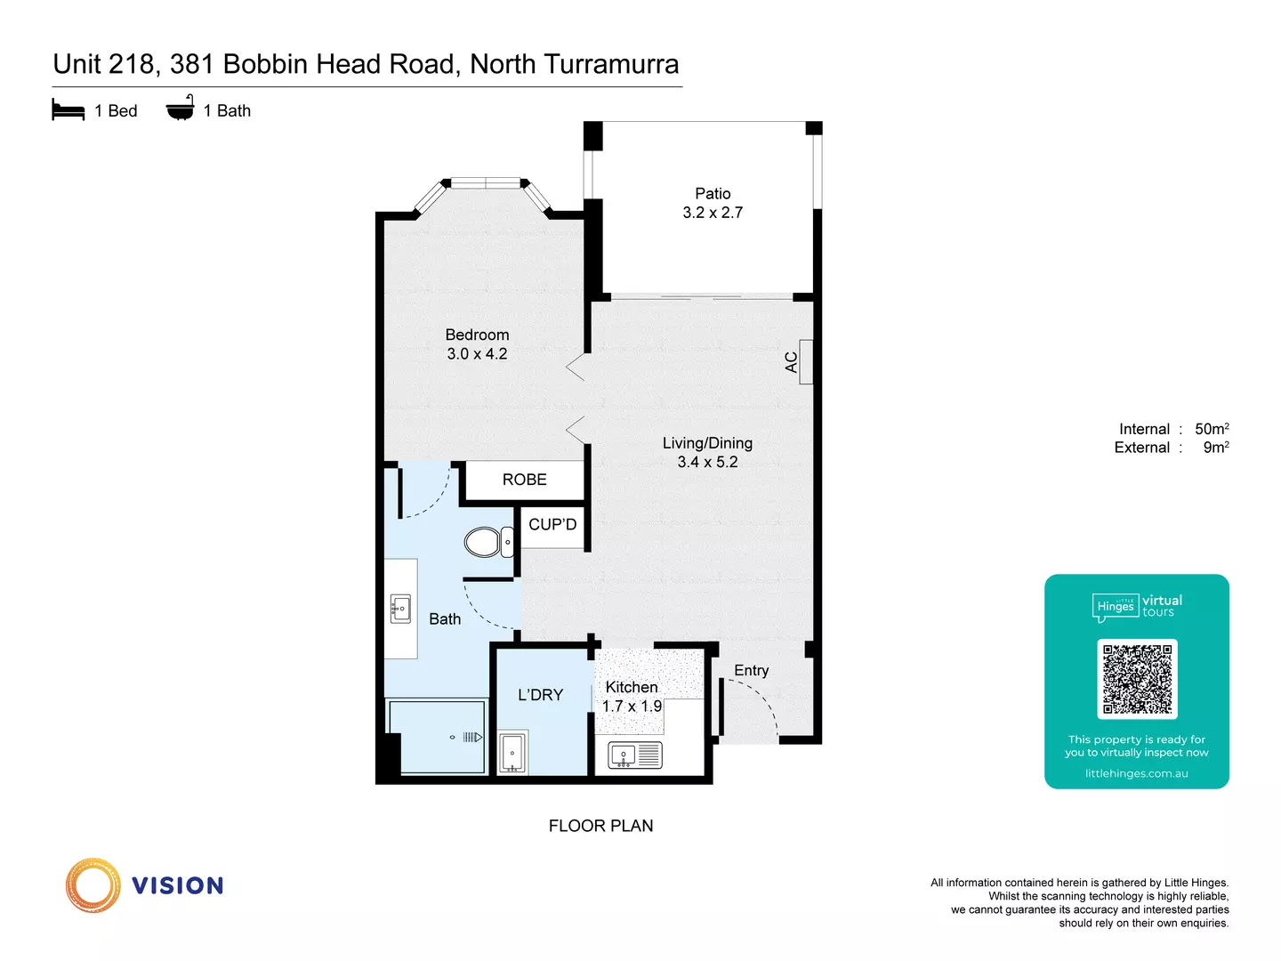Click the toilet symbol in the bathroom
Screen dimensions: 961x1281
(486, 542)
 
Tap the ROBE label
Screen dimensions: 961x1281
(524, 480)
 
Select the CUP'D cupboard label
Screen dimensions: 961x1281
(552, 524)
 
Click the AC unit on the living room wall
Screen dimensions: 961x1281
(806, 362)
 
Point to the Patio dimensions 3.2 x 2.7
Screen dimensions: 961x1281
(713, 213)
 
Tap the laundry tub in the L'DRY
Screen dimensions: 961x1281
(512, 753)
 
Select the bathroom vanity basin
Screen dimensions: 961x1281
(400, 610)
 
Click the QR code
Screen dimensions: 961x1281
(1137, 679)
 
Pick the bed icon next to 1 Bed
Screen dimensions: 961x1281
(68, 110)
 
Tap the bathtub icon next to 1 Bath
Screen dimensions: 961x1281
(181, 109)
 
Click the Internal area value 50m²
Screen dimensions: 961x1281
(1212, 429)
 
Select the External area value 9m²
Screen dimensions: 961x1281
(1216, 448)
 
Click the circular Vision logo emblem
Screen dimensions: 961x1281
(93, 885)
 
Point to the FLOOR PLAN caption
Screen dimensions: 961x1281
(600, 826)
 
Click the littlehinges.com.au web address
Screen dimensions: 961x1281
(1136, 773)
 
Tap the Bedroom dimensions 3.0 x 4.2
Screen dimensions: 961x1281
(477, 354)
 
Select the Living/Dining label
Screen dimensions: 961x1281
(707, 443)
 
